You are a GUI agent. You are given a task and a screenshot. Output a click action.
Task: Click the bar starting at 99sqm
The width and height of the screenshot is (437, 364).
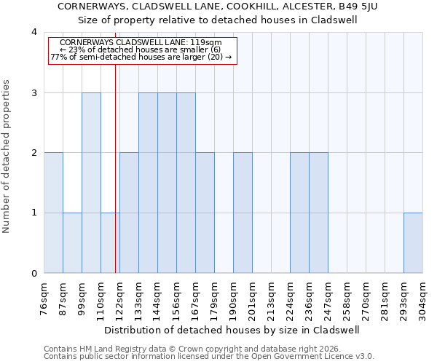(91, 183)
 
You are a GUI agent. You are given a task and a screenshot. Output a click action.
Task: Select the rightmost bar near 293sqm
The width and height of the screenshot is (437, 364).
(413, 243)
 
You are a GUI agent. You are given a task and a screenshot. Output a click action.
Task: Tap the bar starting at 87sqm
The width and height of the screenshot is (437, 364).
(72, 243)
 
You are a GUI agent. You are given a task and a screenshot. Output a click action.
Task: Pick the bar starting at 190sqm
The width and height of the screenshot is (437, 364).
(243, 213)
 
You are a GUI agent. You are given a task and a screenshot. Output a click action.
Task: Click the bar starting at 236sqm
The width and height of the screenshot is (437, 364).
(318, 213)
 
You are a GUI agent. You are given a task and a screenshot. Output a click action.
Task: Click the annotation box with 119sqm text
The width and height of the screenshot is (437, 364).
(143, 50)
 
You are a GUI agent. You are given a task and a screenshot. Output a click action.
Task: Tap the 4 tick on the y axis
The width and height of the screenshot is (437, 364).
(34, 33)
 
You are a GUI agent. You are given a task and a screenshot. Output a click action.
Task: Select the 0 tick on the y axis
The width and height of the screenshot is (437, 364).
(34, 274)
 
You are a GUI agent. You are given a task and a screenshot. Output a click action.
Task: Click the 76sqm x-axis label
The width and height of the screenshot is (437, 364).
(44, 299)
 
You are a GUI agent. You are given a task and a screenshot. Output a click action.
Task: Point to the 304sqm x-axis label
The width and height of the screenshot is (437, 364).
(423, 299)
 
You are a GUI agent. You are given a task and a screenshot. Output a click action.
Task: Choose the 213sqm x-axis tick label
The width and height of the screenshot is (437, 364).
(271, 299)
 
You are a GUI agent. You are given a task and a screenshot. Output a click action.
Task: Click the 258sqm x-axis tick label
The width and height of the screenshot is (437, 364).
(347, 299)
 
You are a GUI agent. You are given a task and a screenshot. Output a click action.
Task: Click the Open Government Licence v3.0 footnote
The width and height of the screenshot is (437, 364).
(209, 357)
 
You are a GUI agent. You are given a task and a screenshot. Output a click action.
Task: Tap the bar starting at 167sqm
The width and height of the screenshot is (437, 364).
(205, 213)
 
